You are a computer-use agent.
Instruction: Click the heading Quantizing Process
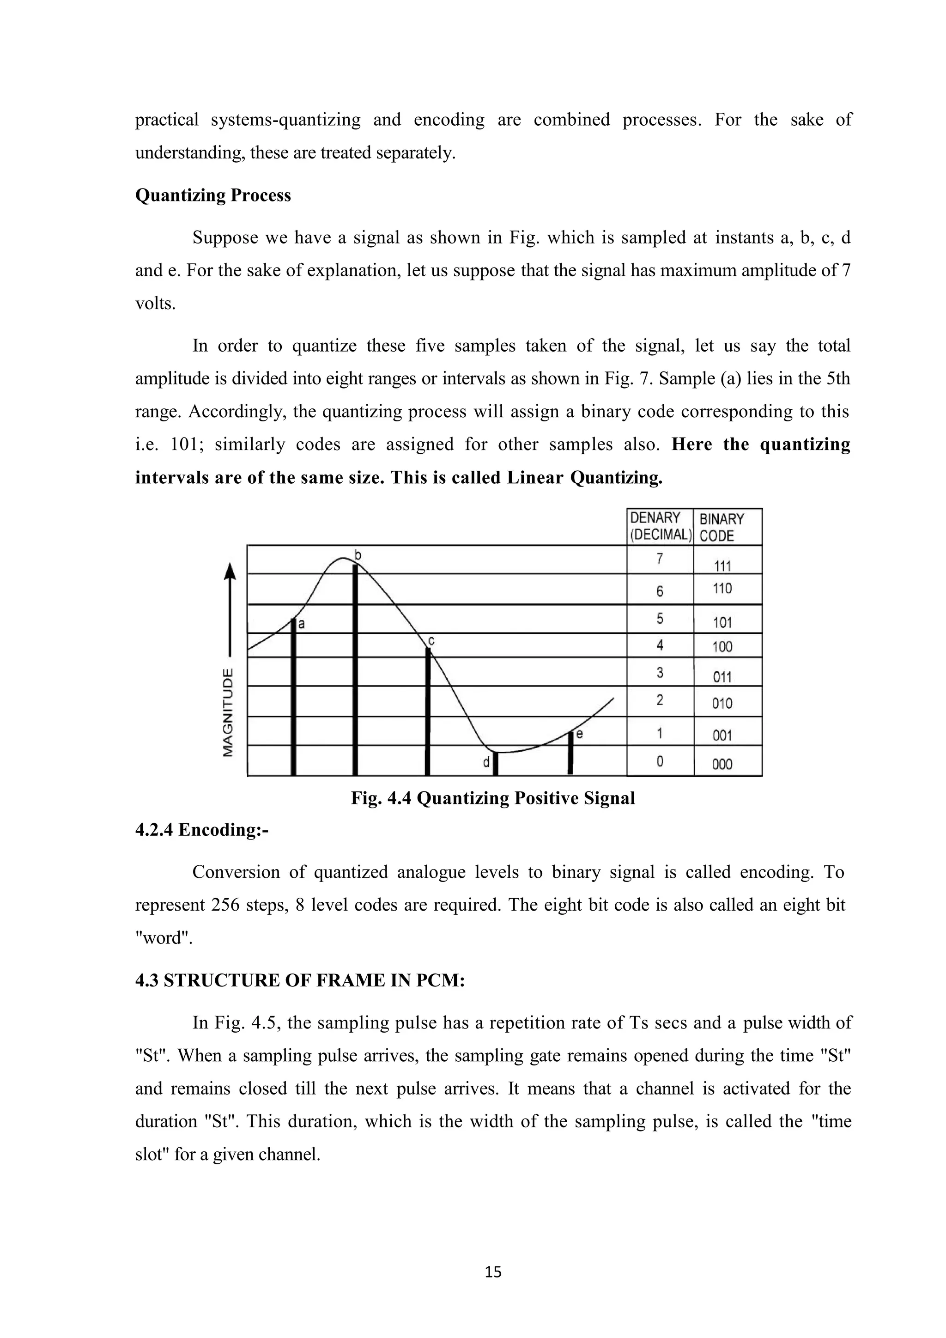point(212,195)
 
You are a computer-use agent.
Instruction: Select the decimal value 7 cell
point(660,559)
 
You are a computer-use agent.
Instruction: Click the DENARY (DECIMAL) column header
point(660,526)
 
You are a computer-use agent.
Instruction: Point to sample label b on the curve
point(358,555)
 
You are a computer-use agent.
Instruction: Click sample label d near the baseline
point(486,762)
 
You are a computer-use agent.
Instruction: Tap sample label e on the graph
point(579,734)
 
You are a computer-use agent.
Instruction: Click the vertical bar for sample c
point(428,711)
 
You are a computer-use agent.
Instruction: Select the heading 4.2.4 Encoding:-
point(201,829)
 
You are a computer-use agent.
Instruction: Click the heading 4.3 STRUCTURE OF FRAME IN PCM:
point(300,980)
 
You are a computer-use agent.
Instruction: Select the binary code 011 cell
point(722,676)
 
